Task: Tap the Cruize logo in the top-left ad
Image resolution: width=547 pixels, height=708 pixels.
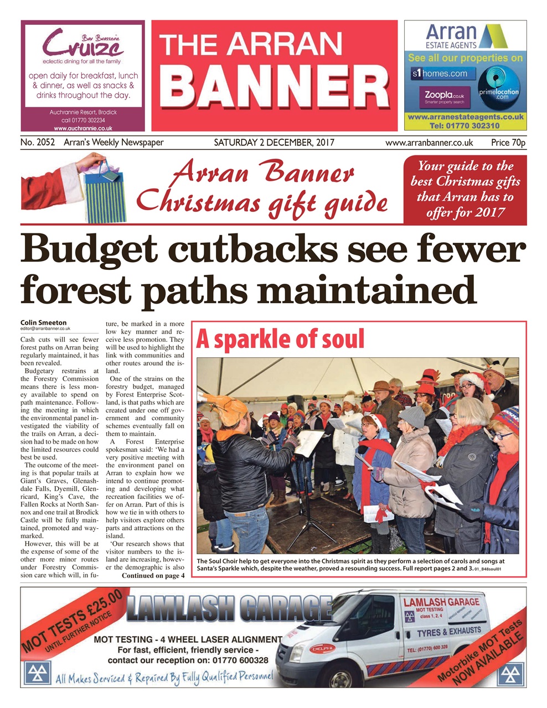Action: tap(83, 44)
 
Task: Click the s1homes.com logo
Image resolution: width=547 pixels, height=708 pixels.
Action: tap(440, 74)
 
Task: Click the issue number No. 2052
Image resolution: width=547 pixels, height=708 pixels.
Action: tap(38, 143)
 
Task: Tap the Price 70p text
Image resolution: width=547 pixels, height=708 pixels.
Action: tap(508, 143)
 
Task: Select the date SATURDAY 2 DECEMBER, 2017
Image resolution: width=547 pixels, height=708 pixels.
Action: tap(274, 143)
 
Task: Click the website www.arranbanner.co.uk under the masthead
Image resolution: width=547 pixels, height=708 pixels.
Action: tap(429, 143)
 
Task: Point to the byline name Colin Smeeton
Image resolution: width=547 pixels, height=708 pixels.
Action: tap(44, 322)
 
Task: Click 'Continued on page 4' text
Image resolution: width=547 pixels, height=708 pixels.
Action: tap(153, 575)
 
